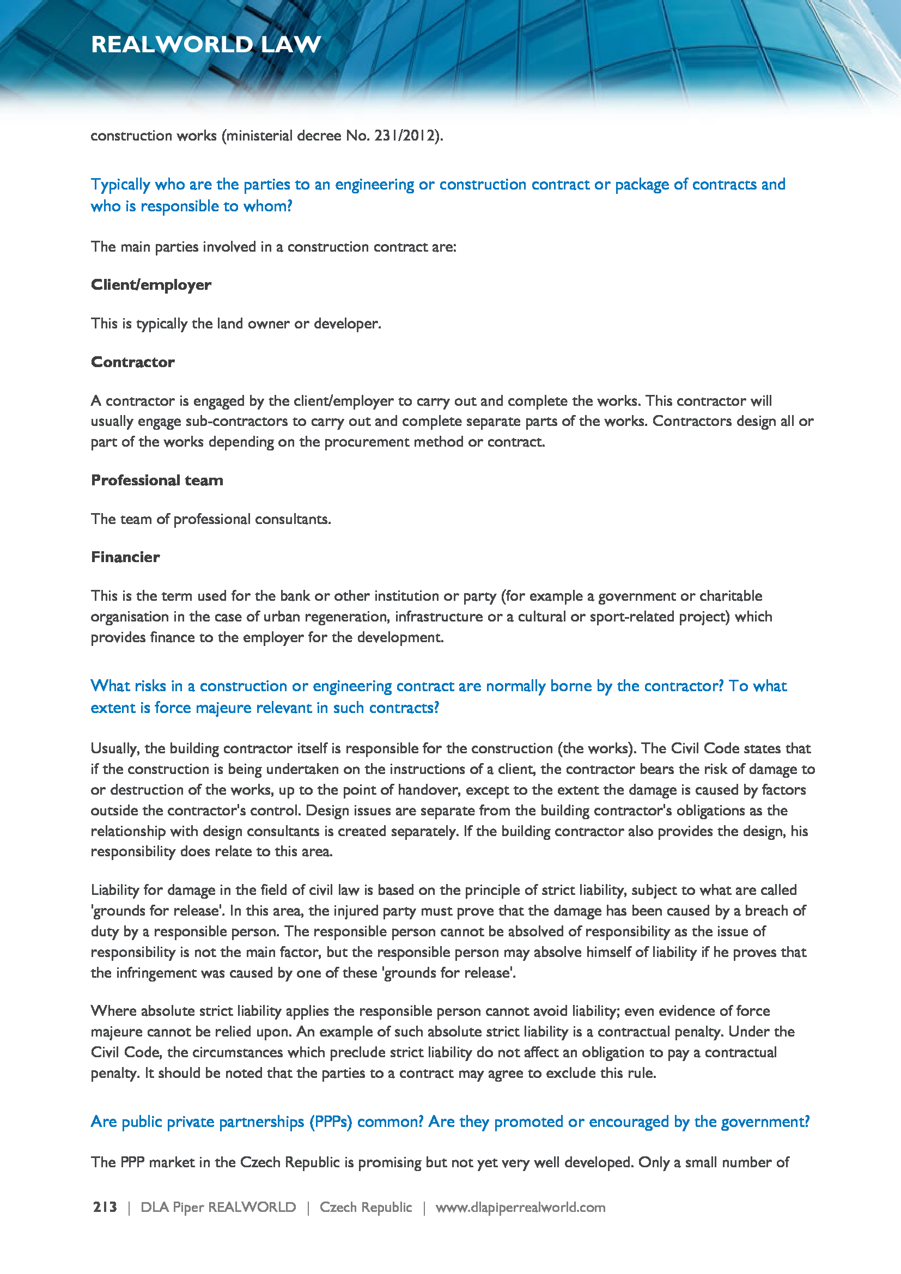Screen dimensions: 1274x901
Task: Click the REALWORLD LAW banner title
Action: pyautogui.click(x=206, y=44)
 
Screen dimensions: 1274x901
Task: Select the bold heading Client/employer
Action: pyautogui.click(x=151, y=285)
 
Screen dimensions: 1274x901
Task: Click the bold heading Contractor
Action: pyautogui.click(x=132, y=362)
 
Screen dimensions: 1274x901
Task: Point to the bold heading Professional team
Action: pyautogui.click(x=157, y=480)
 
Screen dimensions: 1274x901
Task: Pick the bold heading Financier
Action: pyautogui.click(x=125, y=557)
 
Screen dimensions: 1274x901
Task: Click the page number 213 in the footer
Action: pyautogui.click(x=105, y=1208)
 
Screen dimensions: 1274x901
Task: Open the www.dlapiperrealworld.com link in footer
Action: pyautogui.click(x=520, y=1208)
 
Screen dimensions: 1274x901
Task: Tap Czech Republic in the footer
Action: pyautogui.click(x=366, y=1208)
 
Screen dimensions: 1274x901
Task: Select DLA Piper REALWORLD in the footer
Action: pyautogui.click(x=218, y=1208)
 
